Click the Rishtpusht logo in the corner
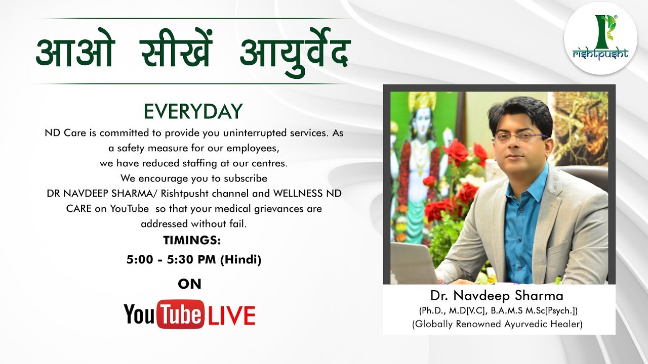click(600, 38)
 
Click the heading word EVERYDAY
click(193, 112)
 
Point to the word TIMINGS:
click(192, 240)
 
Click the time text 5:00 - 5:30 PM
click(172, 260)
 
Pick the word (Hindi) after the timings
click(240, 260)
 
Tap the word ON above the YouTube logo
click(190, 284)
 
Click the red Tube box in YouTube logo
click(181, 314)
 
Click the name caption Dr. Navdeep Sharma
click(497, 295)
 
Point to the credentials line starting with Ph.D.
click(498, 310)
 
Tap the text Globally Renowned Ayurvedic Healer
click(497, 324)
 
